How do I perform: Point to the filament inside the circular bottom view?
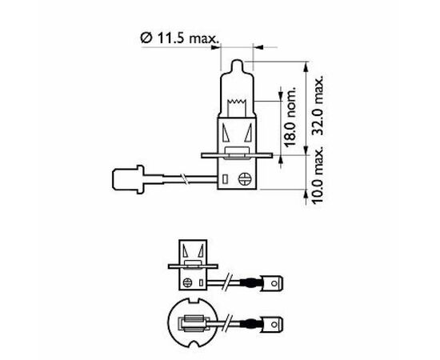[193, 325]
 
